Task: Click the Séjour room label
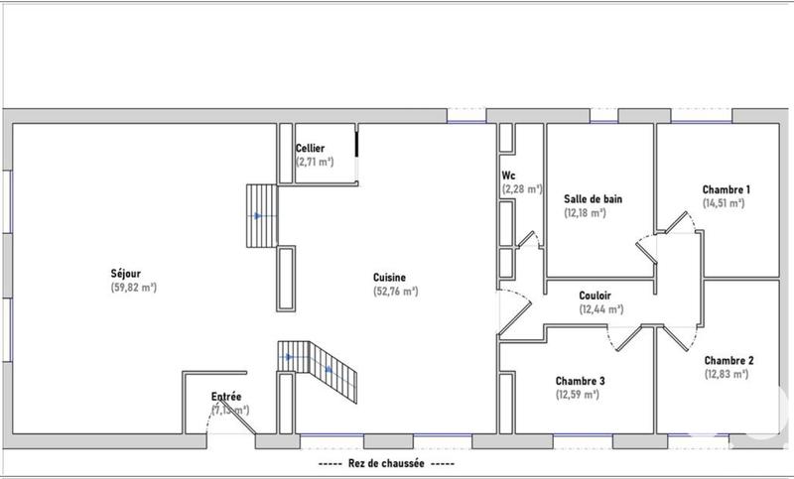click(125, 274)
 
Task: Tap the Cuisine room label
click(389, 278)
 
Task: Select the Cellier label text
click(310, 148)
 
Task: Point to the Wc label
click(507, 176)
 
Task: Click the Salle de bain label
click(593, 198)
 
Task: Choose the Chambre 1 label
click(726, 189)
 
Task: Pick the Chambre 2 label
click(728, 360)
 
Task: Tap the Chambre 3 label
click(581, 381)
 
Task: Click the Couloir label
click(595, 296)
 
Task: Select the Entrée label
click(226, 397)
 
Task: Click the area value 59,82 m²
click(134, 288)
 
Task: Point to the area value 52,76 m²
click(395, 292)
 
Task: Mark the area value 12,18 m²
click(585, 212)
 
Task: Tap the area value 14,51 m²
click(724, 203)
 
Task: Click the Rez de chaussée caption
click(388, 464)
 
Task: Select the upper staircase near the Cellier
click(261, 215)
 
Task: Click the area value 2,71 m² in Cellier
click(315, 161)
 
